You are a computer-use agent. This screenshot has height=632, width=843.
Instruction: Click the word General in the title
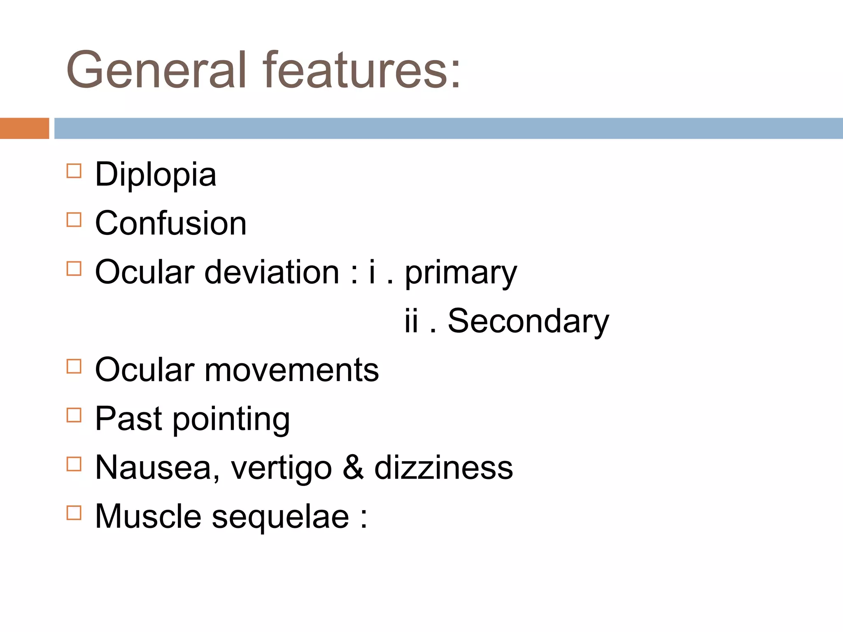click(156, 70)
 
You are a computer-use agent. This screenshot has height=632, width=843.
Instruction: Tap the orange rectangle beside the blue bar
click(24, 128)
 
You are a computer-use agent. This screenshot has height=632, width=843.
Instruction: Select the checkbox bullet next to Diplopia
click(74, 171)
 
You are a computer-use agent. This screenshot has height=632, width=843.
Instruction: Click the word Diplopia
click(156, 175)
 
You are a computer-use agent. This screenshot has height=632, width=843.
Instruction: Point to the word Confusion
click(171, 223)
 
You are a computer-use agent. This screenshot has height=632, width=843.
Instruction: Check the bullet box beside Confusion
click(74, 220)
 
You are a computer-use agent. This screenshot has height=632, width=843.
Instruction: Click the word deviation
click(272, 272)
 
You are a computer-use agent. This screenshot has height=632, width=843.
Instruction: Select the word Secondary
click(528, 321)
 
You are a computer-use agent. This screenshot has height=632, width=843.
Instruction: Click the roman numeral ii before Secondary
click(411, 321)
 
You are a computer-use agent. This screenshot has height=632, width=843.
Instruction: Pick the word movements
click(291, 370)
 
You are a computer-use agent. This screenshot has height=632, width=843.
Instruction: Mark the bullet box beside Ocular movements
click(74, 366)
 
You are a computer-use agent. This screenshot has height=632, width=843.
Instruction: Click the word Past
click(128, 419)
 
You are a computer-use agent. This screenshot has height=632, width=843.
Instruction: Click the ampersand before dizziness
click(353, 468)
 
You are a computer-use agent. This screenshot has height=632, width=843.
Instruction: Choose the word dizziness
click(443, 468)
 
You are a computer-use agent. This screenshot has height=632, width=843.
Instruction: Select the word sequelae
click(280, 518)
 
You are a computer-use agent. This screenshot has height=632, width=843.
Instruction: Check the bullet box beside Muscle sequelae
click(74, 513)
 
